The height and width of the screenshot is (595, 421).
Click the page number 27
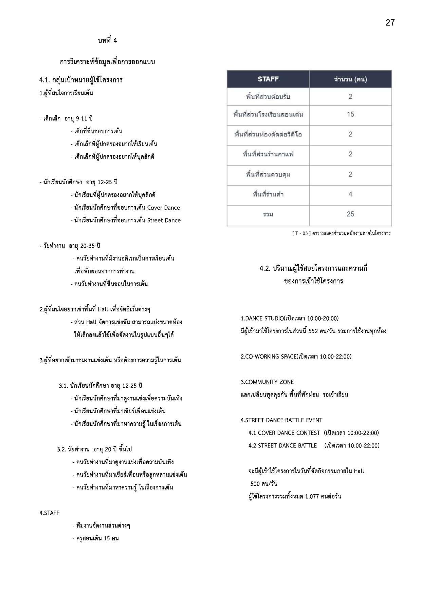pyautogui.click(x=390, y=23)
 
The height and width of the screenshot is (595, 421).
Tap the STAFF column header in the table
pyautogui.click(x=268, y=79)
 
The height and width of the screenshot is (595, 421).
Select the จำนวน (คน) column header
pyautogui.click(x=350, y=79)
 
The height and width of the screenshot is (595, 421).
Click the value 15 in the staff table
pyautogui.click(x=350, y=114)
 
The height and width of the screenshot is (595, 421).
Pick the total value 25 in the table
pyautogui.click(x=350, y=214)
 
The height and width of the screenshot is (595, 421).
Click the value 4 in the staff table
pyautogui.click(x=350, y=194)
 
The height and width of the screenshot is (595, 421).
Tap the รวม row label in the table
pyautogui.click(x=268, y=214)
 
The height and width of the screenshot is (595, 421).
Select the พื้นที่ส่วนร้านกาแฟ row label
pyautogui.click(x=268, y=154)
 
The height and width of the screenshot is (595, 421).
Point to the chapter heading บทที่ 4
pyautogui.click(x=107, y=41)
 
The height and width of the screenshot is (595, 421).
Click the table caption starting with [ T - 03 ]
pyautogui.click(x=341, y=233)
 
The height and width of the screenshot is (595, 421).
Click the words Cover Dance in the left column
pyautogui.click(x=163, y=208)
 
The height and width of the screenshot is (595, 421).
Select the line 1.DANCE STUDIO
pyautogui.click(x=289, y=318)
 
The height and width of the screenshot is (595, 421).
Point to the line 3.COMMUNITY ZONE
pyautogui.click(x=267, y=382)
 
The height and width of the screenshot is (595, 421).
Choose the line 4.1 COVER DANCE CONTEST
pyautogui.click(x=284, y=433)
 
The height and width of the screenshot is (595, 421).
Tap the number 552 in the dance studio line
pyautogui.click(x=313, y=331)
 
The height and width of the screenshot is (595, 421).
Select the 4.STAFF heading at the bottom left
pyautogui.click(x=50, y=513)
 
